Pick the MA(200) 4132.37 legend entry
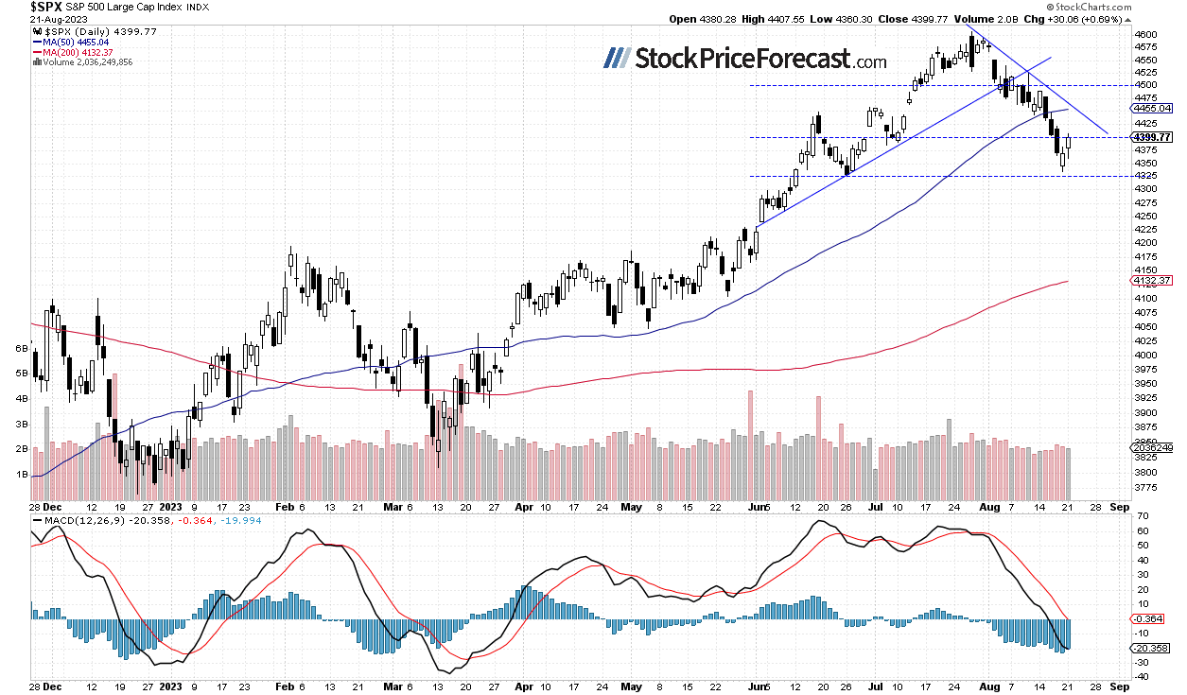(x=70, y=53)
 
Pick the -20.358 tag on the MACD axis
(x=1151, y=648)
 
